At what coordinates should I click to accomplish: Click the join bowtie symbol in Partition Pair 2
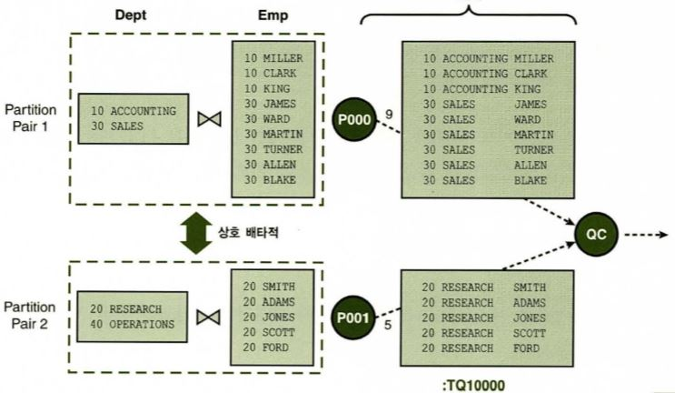point(211,316)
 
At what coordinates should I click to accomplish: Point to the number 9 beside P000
point(389,115)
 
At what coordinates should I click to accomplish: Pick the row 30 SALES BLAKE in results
point(486,180)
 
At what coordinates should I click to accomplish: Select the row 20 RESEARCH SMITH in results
point(486,286)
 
